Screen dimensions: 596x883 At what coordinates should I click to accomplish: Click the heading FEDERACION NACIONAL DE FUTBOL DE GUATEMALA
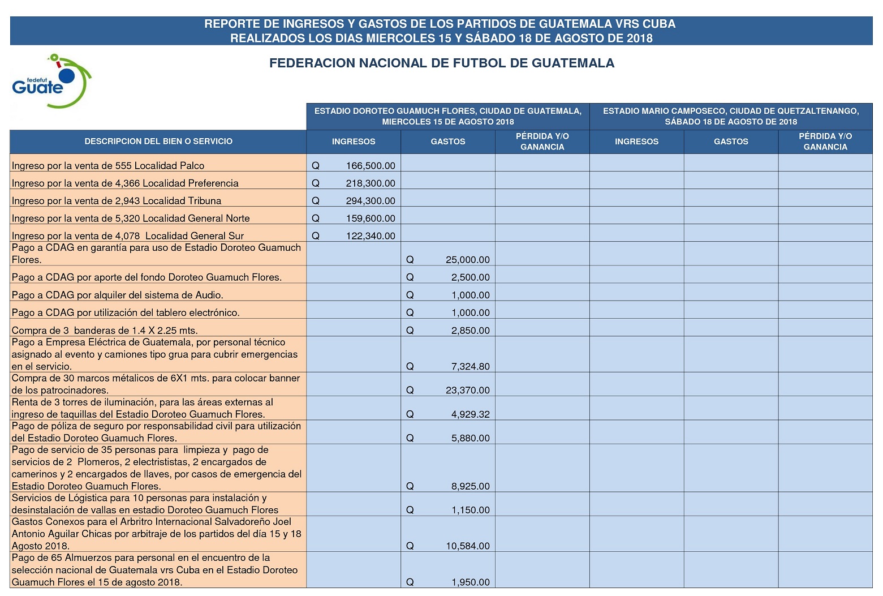tap(441, 63)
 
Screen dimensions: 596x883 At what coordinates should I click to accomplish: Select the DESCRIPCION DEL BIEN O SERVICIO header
tap(158, 142)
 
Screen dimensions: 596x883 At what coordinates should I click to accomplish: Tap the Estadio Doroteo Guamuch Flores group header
tap(447, 116)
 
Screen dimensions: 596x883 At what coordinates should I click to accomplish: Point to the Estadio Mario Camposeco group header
tap(730, 116)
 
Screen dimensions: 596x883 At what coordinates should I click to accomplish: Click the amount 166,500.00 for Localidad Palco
tap(371, 166)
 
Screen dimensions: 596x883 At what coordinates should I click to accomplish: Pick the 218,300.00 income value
tap(371, 183)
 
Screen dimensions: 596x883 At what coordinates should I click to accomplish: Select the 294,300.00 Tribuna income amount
tap(371, 201)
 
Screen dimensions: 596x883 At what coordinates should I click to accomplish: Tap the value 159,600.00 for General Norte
tap(371, 218)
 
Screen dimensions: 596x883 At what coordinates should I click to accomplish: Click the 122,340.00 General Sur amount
tap(371, 236)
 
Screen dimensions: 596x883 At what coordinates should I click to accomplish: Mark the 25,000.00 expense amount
tap(467, 260)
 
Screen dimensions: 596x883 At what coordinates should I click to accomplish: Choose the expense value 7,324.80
tap(470, 366)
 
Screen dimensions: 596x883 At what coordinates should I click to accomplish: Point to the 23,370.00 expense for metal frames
tap(467, 390)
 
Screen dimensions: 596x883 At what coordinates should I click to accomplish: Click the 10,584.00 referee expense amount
tap(467, 546)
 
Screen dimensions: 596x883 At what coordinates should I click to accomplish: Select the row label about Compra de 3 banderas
tap(105, 331)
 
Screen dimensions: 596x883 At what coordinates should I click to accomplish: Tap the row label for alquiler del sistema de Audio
tap(117, 295)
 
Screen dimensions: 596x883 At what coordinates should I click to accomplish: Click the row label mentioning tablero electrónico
tap(126, 312)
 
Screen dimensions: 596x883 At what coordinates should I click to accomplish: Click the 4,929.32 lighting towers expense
tap(470, 414)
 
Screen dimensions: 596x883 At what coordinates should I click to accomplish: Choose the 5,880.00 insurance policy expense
tap(470, 438)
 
